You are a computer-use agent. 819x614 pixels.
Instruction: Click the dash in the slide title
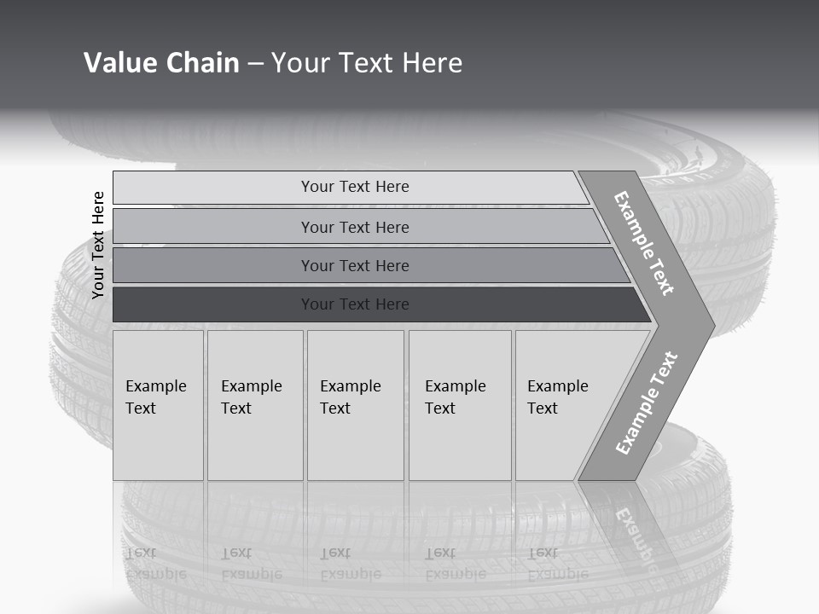pos(255,63)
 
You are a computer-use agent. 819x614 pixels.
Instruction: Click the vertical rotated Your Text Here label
pos(98,245)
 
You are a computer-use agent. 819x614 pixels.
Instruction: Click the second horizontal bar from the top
pos(355,227)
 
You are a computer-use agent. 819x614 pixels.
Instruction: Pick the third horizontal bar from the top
pos(355,265)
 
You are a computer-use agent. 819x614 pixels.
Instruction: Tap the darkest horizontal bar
pos(355,304)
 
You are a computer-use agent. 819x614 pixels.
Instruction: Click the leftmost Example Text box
pos(158,405)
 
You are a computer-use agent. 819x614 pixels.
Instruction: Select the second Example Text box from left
pos(254,405)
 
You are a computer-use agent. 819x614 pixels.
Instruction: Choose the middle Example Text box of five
pos(354,405)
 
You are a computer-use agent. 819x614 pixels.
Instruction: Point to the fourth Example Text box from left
pos(459,405)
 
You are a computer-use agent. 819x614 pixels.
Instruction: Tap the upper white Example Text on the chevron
pos(644,243)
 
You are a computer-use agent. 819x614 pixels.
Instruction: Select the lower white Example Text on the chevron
pos(647,403)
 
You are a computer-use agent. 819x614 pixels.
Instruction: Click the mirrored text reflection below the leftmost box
pos(155,564)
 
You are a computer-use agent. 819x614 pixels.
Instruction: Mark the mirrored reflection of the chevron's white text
pos(636,533)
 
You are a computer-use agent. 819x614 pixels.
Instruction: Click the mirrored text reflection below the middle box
pos(350,564)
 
